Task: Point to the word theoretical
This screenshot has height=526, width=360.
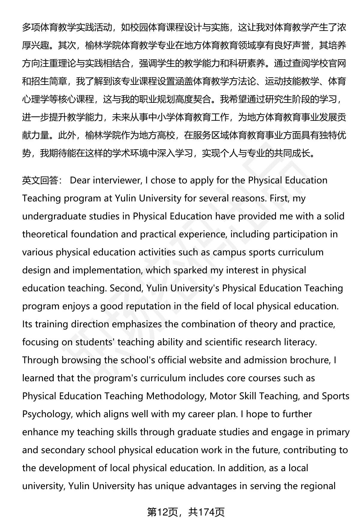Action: point(45,234)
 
